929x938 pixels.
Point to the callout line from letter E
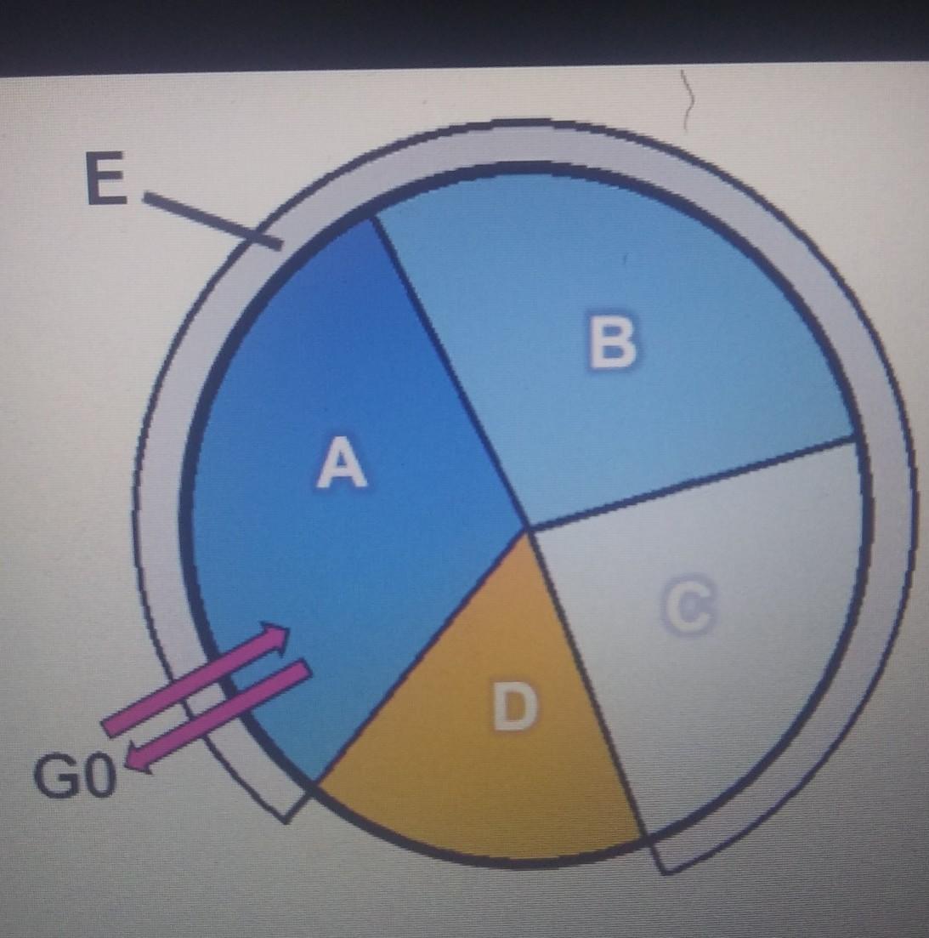pos(212,221)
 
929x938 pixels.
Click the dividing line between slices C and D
pos(586,680)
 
